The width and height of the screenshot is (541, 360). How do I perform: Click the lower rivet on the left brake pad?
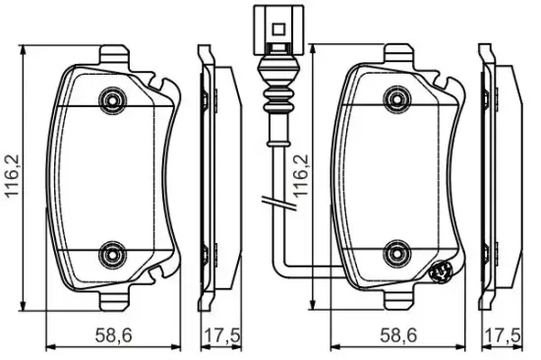pos(112,255)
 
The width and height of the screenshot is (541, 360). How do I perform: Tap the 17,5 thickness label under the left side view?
pos(214,335)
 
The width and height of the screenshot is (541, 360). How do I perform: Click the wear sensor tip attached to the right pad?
pos(440,271)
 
